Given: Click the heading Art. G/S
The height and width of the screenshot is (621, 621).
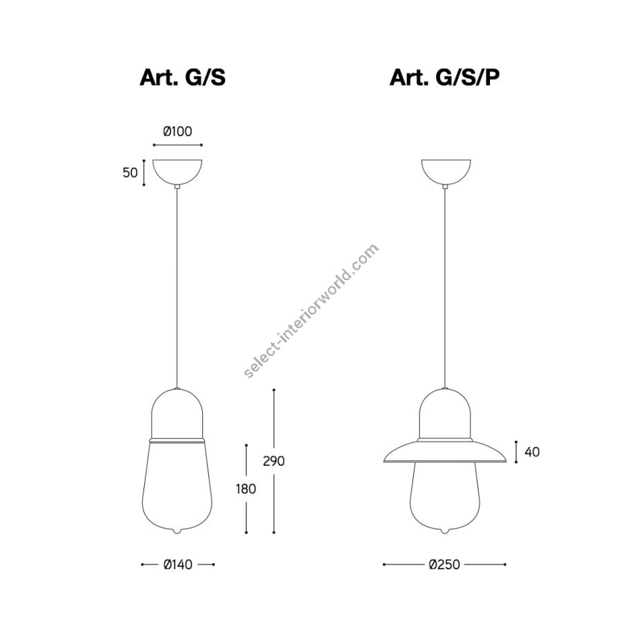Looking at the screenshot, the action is pyautogui.click(x=183, y=77).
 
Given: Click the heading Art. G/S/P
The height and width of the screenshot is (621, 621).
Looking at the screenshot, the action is pyautogui.click(x=444, y=77).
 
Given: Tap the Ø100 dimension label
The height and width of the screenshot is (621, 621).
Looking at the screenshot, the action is pyautogui.click(x=177, y=131).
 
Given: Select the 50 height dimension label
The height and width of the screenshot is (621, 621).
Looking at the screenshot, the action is pyautogui.click(x=130, y=172).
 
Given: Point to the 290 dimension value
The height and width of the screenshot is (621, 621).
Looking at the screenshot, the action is pyautogui.click(x=274, y=461).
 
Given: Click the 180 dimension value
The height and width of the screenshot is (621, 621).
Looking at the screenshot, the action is pyautogui.click(x=246, y=489).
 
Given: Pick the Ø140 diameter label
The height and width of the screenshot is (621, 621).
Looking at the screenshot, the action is pyautogui.click(x=178, y=564).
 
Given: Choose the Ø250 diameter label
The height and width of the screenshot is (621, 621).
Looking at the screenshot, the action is pyautogui.click(x=444, y=564).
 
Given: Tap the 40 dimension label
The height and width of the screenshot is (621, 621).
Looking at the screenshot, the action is pyautogui.click(x=532, y=452).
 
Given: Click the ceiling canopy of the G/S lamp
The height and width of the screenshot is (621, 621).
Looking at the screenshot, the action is pyautogui.click(x=177, y=171).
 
